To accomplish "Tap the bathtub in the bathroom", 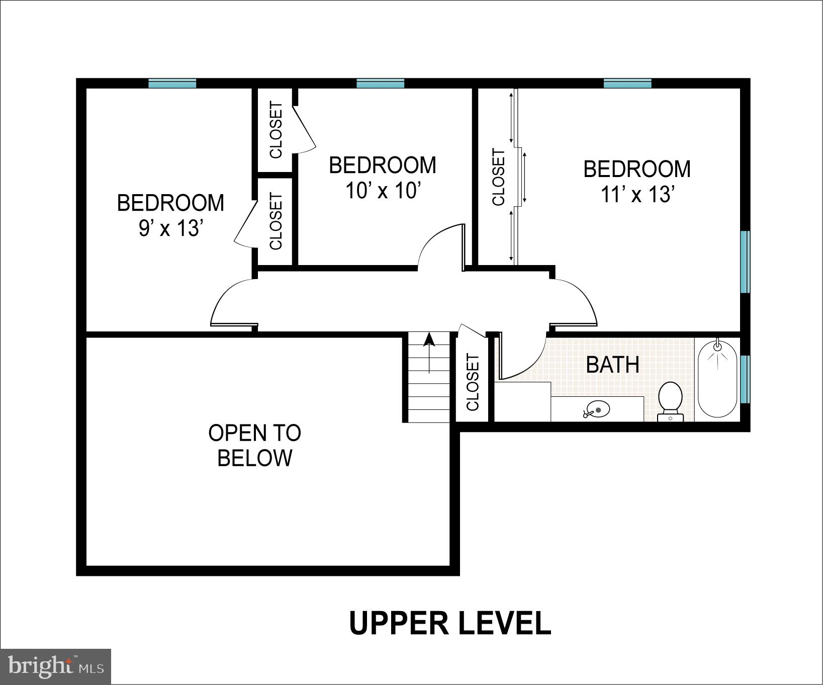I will (x=717, y=380).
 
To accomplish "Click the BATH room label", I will (x=612, y=365).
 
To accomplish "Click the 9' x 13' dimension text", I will (x=170, y=229).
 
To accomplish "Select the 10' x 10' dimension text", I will (x=383, y=191).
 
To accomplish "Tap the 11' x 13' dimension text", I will (x=637, y=194).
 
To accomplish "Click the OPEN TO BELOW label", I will (x=255, y=445).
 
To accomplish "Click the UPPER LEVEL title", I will (x=449, y=623).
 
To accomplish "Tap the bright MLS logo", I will (x=55, y=666).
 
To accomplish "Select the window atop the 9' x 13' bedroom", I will (x=172, y=83).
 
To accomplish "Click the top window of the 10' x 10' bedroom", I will (x=380, y=83).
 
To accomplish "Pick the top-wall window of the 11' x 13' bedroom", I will (x=627, y=83).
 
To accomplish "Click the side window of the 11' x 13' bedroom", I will (x=745, y=262).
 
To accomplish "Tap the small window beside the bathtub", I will (x=745, y=379).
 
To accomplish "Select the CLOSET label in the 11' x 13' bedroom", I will (x=498, y=177).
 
